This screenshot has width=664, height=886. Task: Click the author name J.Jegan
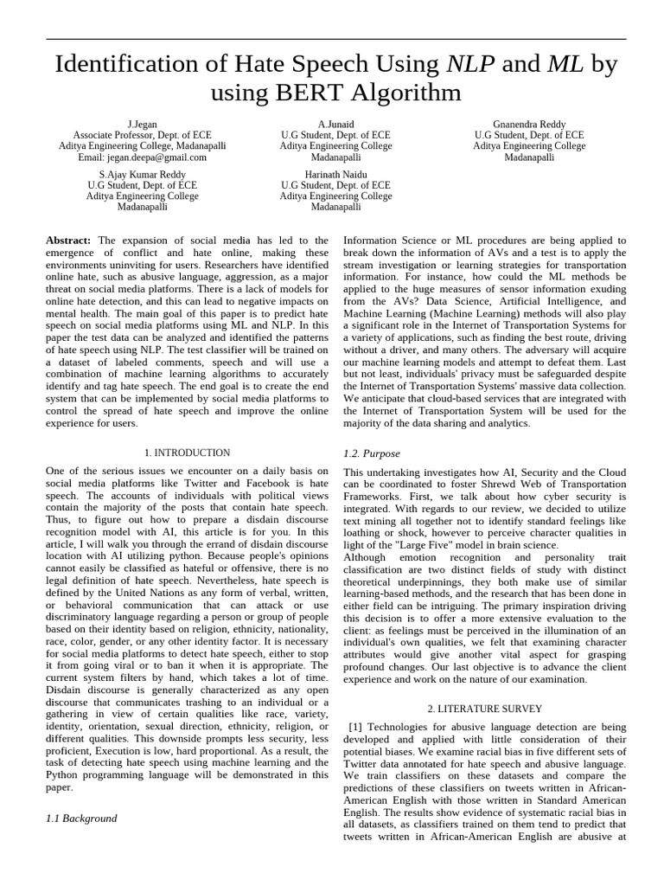[x=143, y=124]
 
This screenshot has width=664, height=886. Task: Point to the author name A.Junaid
[x=335, y=124]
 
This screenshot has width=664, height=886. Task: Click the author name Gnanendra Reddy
[x=529, y=124]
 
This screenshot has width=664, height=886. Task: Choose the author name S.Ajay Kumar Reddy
[x=143, y=174]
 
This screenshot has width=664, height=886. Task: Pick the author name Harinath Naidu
[x=335, y=174]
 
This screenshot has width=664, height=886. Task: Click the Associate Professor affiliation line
[x=143, y=135]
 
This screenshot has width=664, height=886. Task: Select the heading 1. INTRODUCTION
[x=187, y=453]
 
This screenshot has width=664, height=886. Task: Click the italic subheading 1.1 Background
[x=81, y=818]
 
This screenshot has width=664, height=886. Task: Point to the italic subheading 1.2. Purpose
[x=372, y=453]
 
